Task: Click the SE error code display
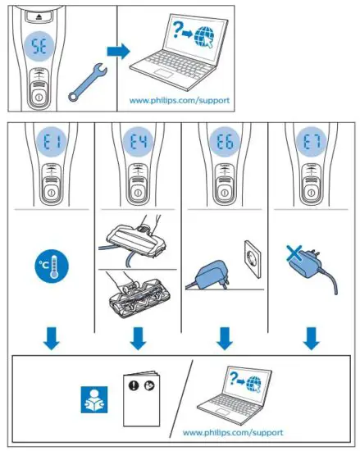point(39,48)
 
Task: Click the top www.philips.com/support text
point(180,101)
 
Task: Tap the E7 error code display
point(312,144)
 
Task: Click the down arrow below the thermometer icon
point(52,336)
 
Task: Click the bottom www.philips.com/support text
point(232,431)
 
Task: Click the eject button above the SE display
point(39,16)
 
